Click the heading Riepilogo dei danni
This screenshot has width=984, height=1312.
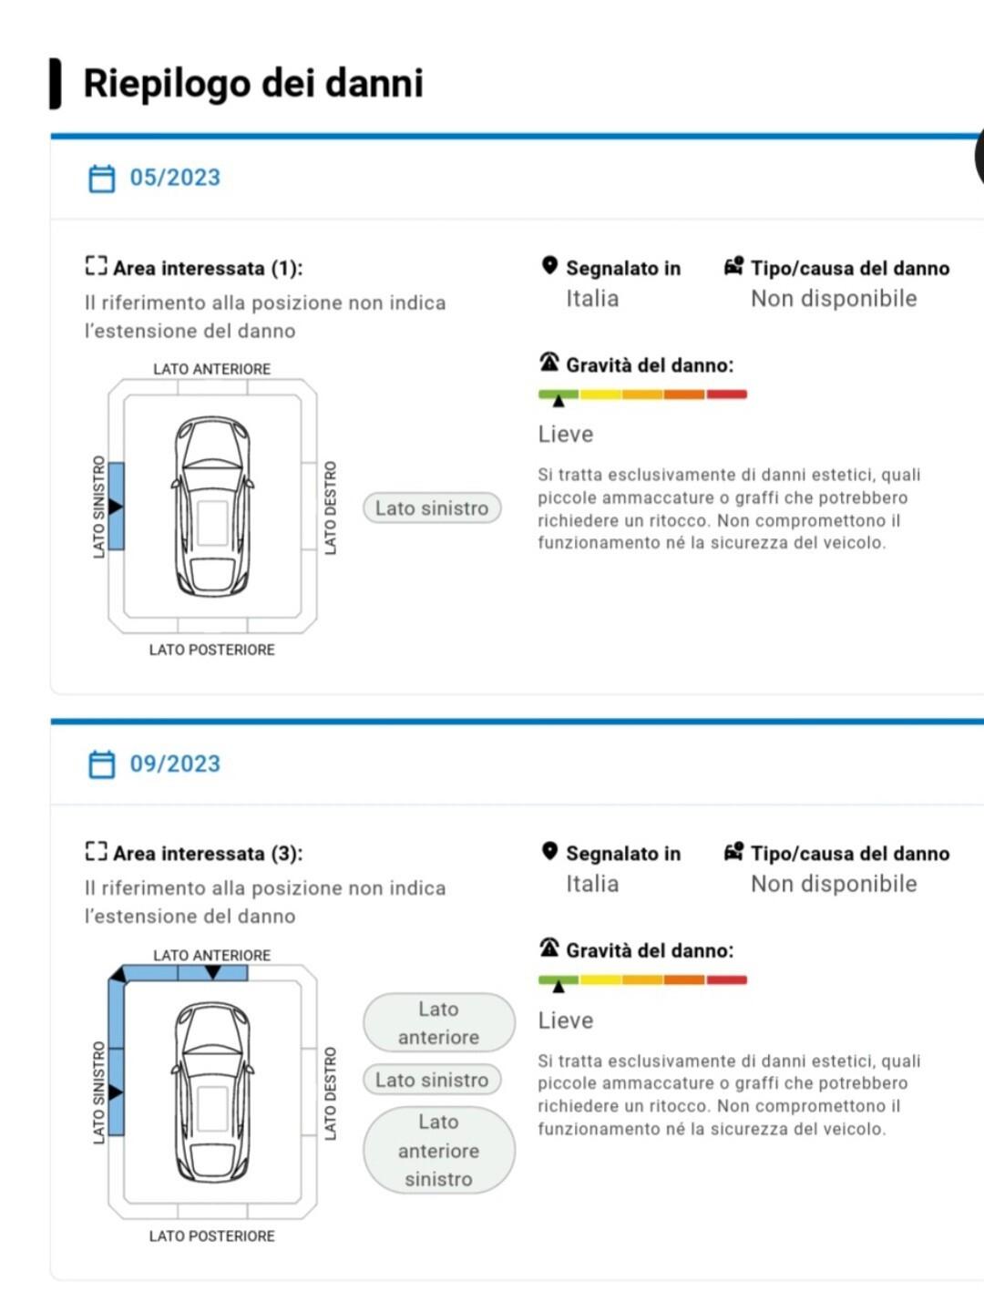click(x=253, y=83)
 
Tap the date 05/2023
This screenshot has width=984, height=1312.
click(x=175, y=178)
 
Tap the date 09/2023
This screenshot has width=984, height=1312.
click(x=175, y=764)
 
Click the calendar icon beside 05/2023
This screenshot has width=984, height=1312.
click(x=101, y=178)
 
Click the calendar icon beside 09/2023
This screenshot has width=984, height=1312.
click(x=101, y=764)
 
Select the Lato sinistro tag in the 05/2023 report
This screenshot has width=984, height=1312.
click(x=432, y=508)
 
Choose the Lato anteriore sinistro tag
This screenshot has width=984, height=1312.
click(x=438, y=1150)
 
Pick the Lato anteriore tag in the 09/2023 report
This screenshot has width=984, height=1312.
click(x=438, y=1022)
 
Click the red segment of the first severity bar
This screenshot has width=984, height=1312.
click(x=726, y=394)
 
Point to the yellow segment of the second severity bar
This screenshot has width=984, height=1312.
click(x=600, y=979)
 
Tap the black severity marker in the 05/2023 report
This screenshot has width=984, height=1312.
click(x=559, y=401)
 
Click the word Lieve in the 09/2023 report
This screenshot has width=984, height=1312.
click(x=566, y=1020)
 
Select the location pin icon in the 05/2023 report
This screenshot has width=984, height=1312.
click(x=549, y=265)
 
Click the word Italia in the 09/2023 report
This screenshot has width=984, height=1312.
click(x=592, y=884)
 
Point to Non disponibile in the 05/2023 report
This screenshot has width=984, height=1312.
click(x=834, y=298)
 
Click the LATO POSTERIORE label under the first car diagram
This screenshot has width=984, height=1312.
click(x=212, y=650)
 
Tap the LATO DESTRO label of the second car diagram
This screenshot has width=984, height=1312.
click(x=331, y=1093)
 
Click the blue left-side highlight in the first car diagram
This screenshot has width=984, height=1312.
click(x=116, y=506)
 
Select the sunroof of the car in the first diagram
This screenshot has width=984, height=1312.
click(x=212, y=523)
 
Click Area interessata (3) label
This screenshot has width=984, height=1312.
click(x=208, y=854)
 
